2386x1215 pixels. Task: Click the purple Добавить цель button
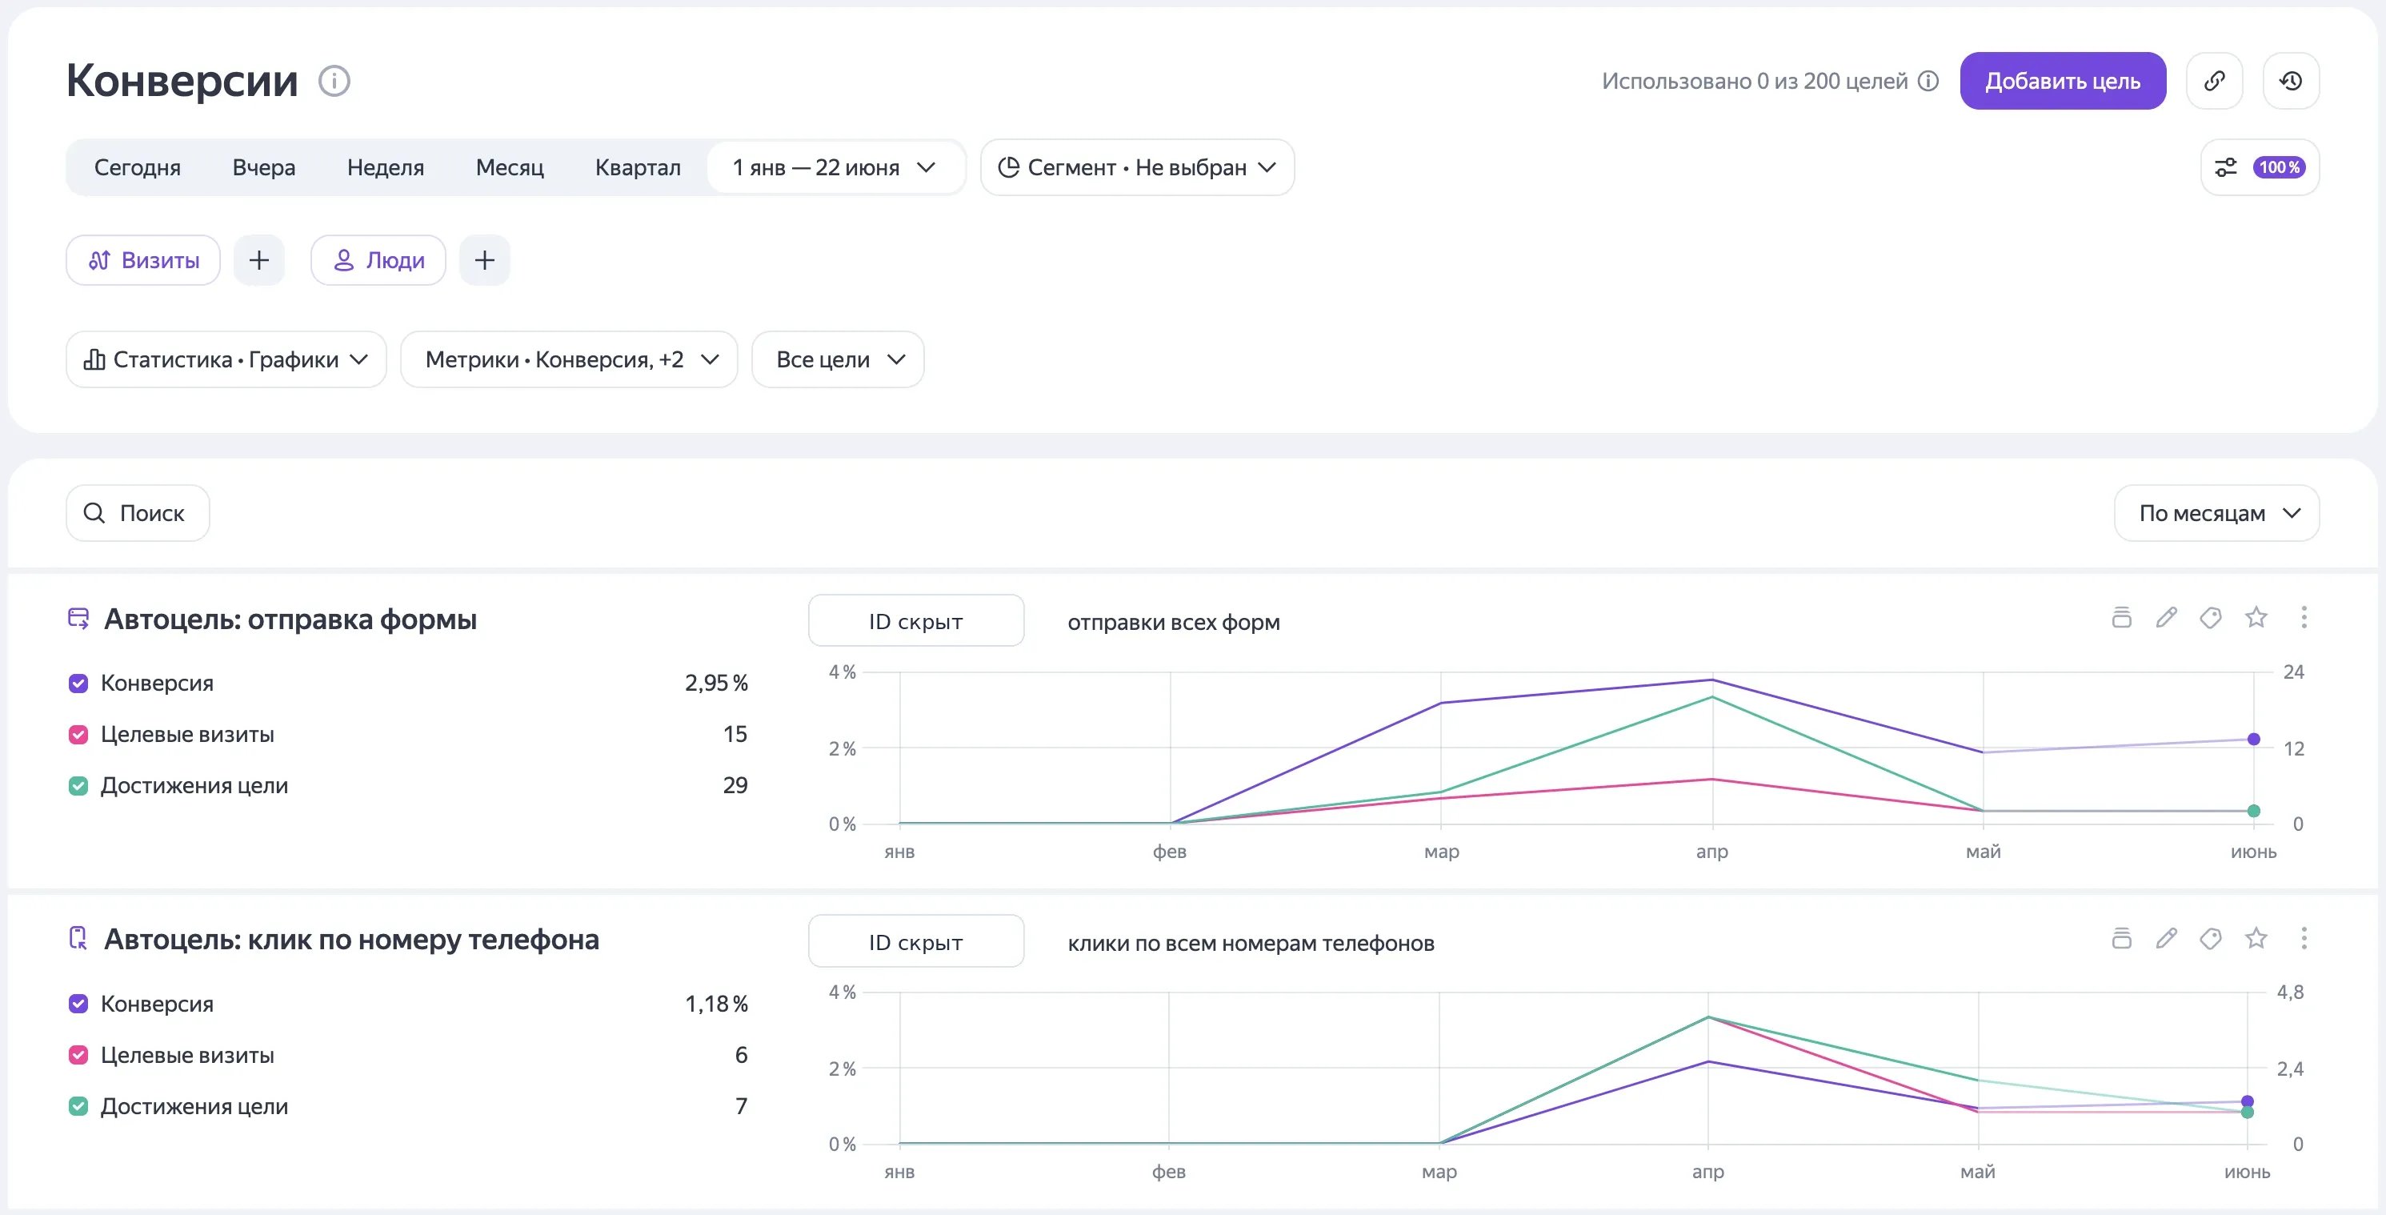tap(2062, 81)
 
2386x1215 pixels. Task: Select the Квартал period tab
tap(637, 168)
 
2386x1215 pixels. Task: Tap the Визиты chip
tap(143, 260)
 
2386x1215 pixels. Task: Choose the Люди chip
tap(378, 260)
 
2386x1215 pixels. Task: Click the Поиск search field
tap(138, 513)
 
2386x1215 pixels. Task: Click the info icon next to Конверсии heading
tap(334, 82)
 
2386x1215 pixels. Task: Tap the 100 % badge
tap(2279, 168)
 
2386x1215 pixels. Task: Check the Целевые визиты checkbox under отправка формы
tap(78, 735)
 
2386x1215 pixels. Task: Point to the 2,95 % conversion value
tap(716, 683)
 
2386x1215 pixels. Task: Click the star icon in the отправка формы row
tap(2256, 617)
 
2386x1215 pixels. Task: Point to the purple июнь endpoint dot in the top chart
tap(2253, 740)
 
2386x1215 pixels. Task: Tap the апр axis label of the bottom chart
tap(1708, 1173)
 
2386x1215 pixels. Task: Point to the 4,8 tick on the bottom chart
tap(2290, 992)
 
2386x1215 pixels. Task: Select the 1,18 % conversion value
tap(716, 1004)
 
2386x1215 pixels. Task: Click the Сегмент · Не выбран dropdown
tap(1138, 168)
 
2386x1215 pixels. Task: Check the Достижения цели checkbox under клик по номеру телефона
tap(78, 1107)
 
